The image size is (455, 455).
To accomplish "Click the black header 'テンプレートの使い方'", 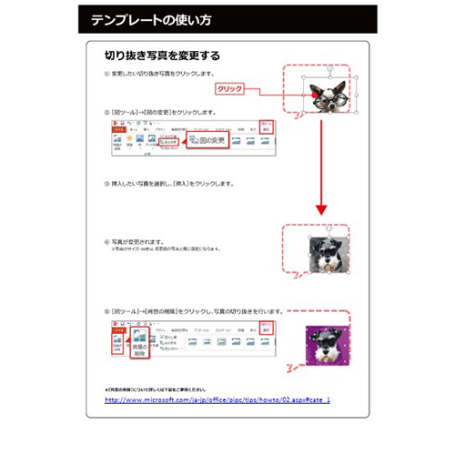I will [149, 19].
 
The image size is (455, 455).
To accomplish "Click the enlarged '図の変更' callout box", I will [206, 140].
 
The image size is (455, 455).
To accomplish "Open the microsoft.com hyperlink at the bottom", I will [217, 399].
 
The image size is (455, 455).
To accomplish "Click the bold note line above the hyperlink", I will [160, 389].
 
